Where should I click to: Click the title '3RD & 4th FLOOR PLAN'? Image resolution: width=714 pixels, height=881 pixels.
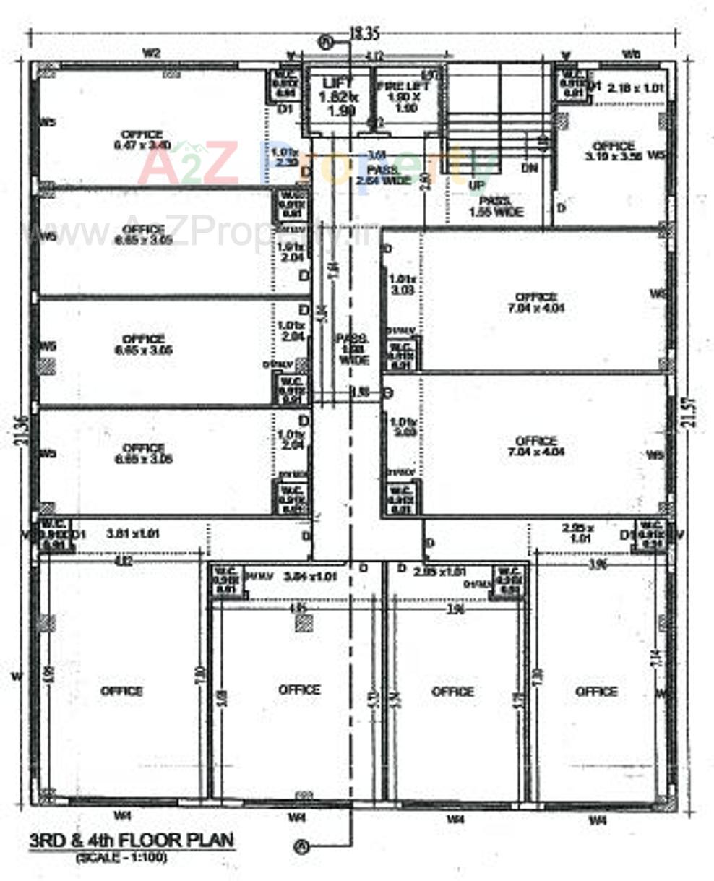coord(132,841)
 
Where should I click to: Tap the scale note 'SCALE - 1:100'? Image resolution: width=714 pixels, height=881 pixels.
coord(121,858)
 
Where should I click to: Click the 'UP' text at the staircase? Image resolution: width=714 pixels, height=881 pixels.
coord(477,186)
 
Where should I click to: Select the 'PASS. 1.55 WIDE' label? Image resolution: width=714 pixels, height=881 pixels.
coord(496,207)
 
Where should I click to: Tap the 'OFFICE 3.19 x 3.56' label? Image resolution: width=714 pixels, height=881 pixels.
coord(613,150)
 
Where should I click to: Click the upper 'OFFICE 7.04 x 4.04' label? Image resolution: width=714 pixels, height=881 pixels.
coord(536,302)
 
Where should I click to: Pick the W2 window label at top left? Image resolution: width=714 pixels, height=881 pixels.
coord(150,53)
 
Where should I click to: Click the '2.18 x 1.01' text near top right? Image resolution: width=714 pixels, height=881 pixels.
coord(634,88)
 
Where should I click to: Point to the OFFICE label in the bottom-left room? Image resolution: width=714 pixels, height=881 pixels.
coord(121,691)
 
